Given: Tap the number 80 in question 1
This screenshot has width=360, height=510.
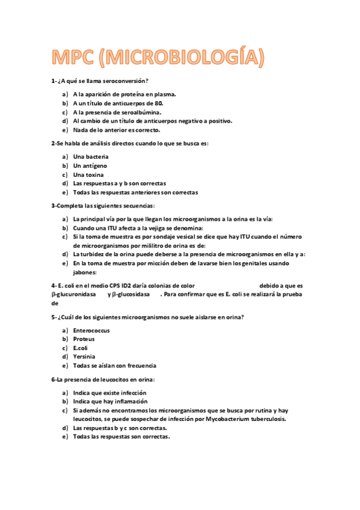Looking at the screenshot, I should [159, 103].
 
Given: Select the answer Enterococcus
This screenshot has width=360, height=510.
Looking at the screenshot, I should [92, 330].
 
